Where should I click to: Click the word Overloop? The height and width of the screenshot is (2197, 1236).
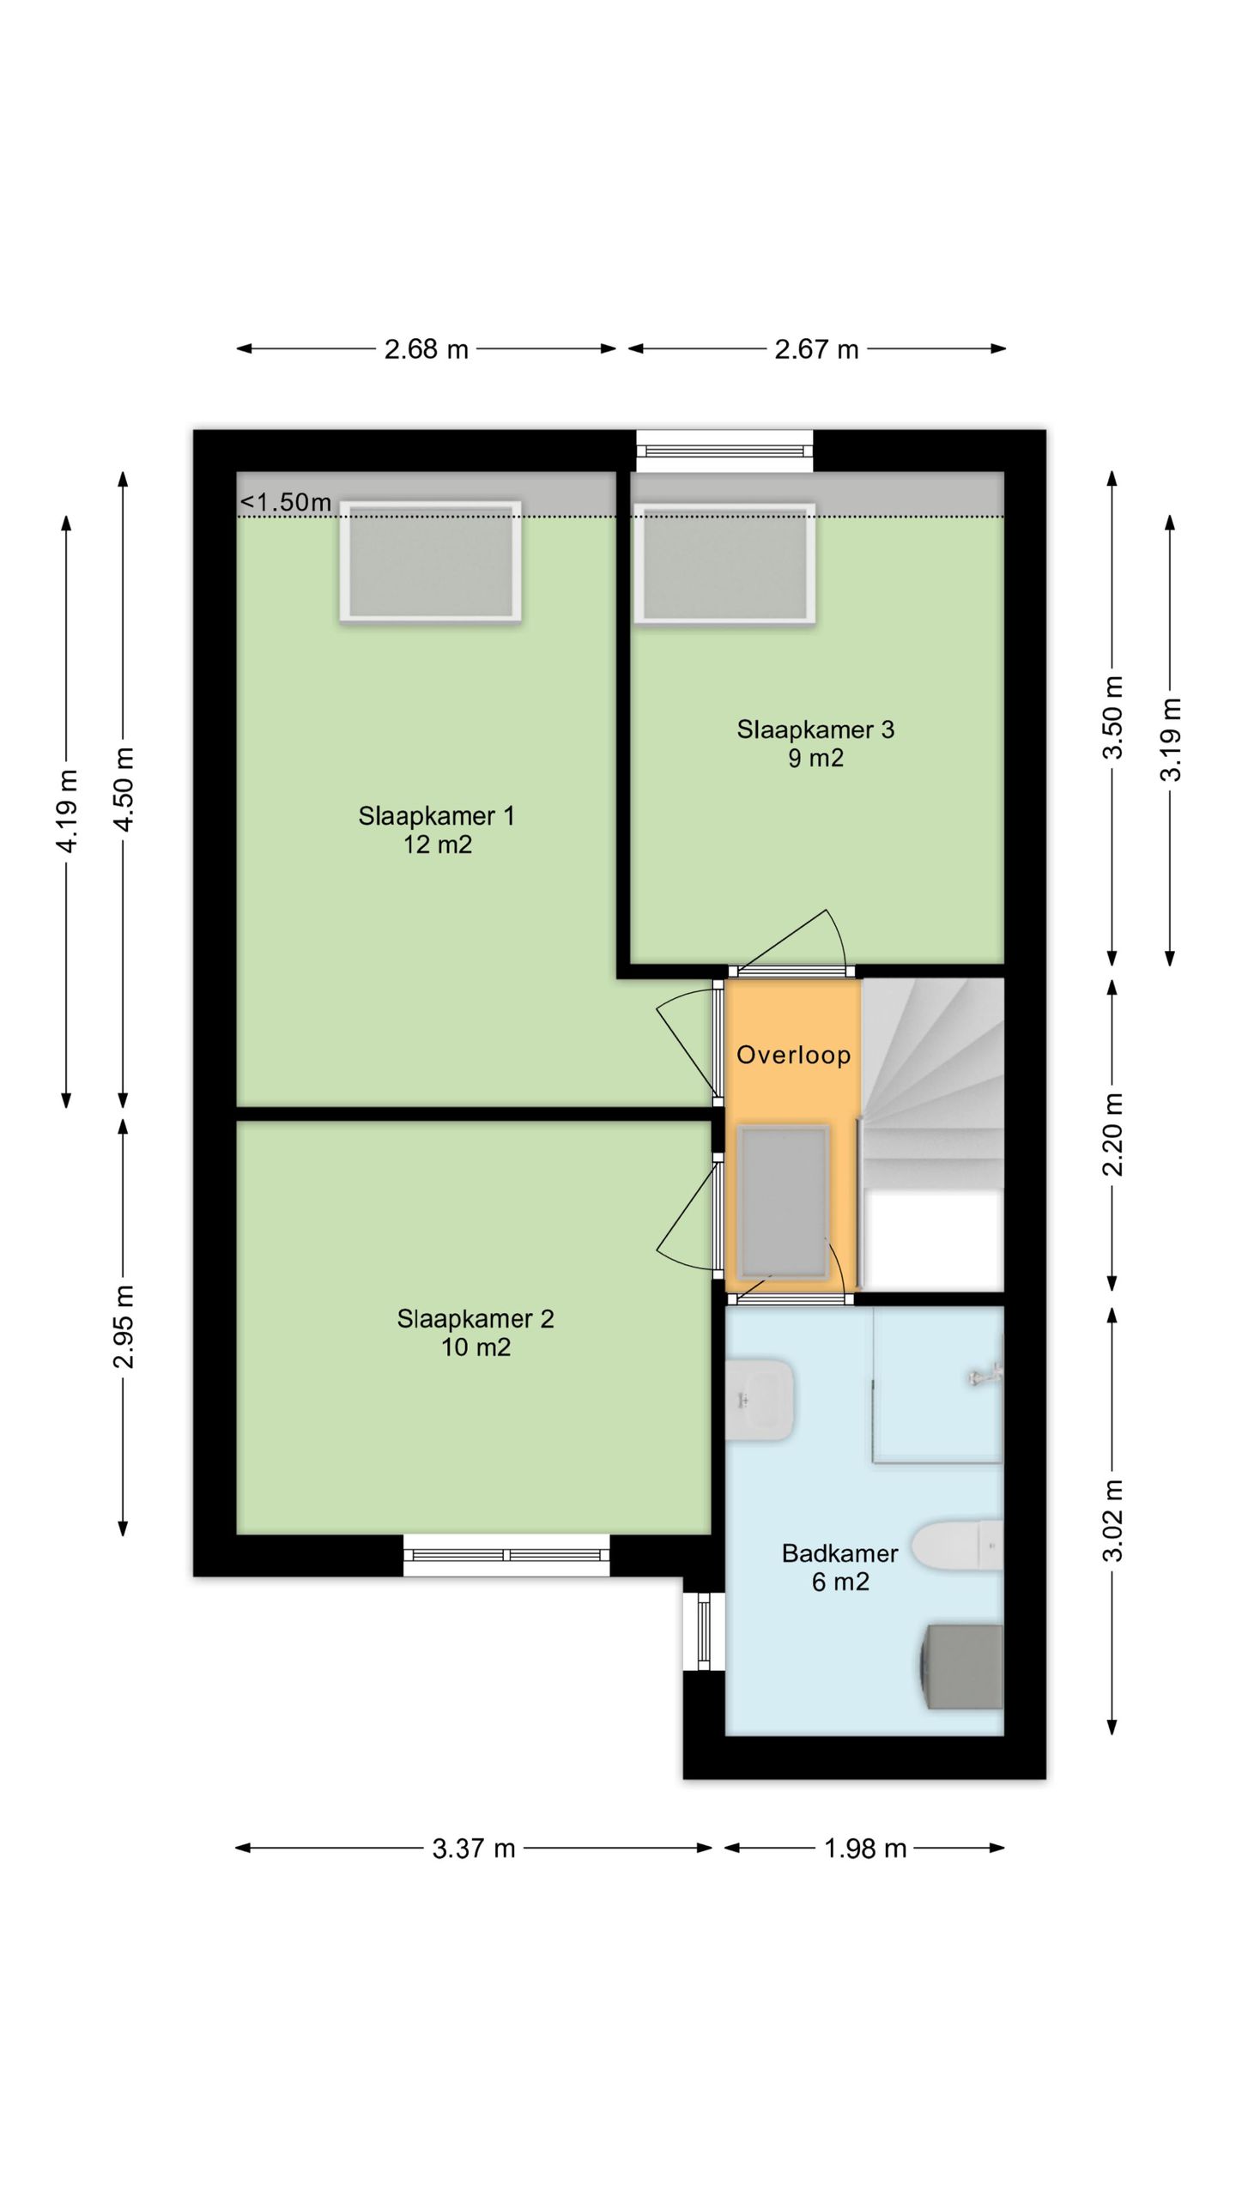tap(793, 1055)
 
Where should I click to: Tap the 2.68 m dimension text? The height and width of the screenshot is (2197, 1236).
tap(427, 349)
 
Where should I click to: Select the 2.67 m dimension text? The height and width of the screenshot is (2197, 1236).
tap(816, 349)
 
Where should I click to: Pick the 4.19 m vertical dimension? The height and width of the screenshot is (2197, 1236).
tap(67, 811)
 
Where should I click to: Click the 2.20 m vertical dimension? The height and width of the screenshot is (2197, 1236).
tap(1112, 1135)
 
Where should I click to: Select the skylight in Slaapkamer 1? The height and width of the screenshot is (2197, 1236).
tap(430, 560)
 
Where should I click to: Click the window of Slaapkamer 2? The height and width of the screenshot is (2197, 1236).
tap(506, 1555)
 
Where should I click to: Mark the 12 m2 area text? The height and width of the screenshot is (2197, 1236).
tap(438, 844)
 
